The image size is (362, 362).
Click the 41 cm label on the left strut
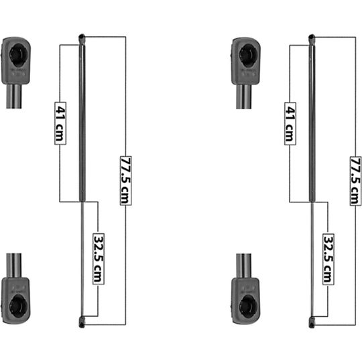click(x=60, y=123)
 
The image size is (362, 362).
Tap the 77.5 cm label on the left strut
click(x=126, y=180)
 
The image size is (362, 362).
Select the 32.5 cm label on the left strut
click(x=99, y=259)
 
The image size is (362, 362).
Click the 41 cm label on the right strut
click(x=290, y=123)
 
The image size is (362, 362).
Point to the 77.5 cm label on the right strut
click(x=355, y=180)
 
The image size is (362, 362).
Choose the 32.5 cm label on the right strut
click(x=328, y=259)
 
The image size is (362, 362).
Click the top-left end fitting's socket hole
click(x=19, y=55)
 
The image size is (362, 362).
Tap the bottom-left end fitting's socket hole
click(x=19, y=307)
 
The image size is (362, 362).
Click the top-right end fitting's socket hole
click(x=248, y=56)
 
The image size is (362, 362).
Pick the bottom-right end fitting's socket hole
click(x=248, y=307)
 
